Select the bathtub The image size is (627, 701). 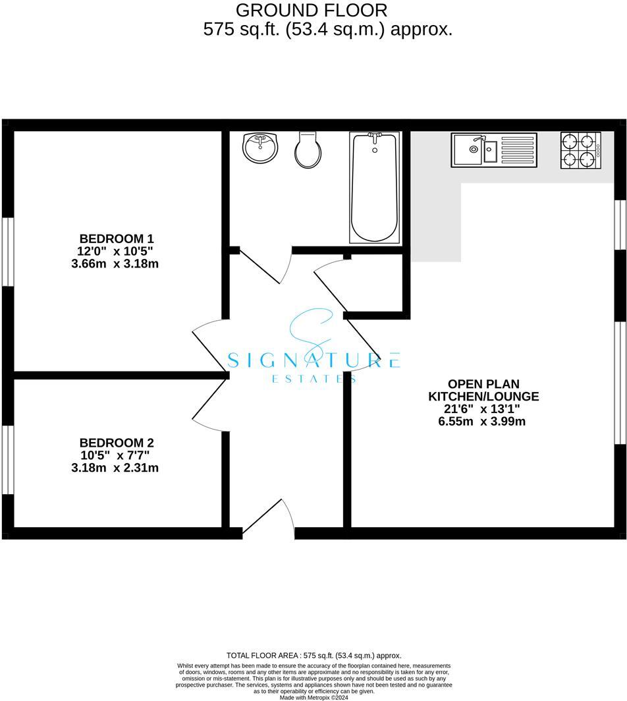pyautogui.click(x=374, y=188)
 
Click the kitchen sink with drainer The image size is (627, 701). pyautogui.click(x=494, y=150)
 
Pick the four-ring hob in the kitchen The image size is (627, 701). pyautogui.click(x=580, y=150)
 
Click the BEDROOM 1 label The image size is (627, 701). pyautogui.click(x=117, y=238)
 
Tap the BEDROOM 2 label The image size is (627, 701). pyautogui.click(x=117, y=443)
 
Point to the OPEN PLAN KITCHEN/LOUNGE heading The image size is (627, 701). pyautogui.click(x=483, y=390)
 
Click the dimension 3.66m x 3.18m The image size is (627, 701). pyautogui.click(x=117, y=264)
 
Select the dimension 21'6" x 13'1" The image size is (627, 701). pyautogui.click(x=483, y=409)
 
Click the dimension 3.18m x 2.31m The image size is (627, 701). pyautogui.click(x=117, y=468)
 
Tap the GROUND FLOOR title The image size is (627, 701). pyautogui.click(x=312, y=11)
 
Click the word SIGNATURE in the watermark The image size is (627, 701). pyautogui.click(x=313, y=360)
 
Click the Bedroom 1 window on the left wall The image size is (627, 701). pyautogui.click(x=8, y=251)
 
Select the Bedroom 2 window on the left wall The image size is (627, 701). pyautogui.click(x=8, y=459)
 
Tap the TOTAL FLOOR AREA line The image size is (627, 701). pyautogui.click(x=313, y=656)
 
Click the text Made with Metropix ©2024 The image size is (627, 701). pyautogui.click(x=313, y=697)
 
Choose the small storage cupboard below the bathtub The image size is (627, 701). pyautogui.click(x=374, y=283)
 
